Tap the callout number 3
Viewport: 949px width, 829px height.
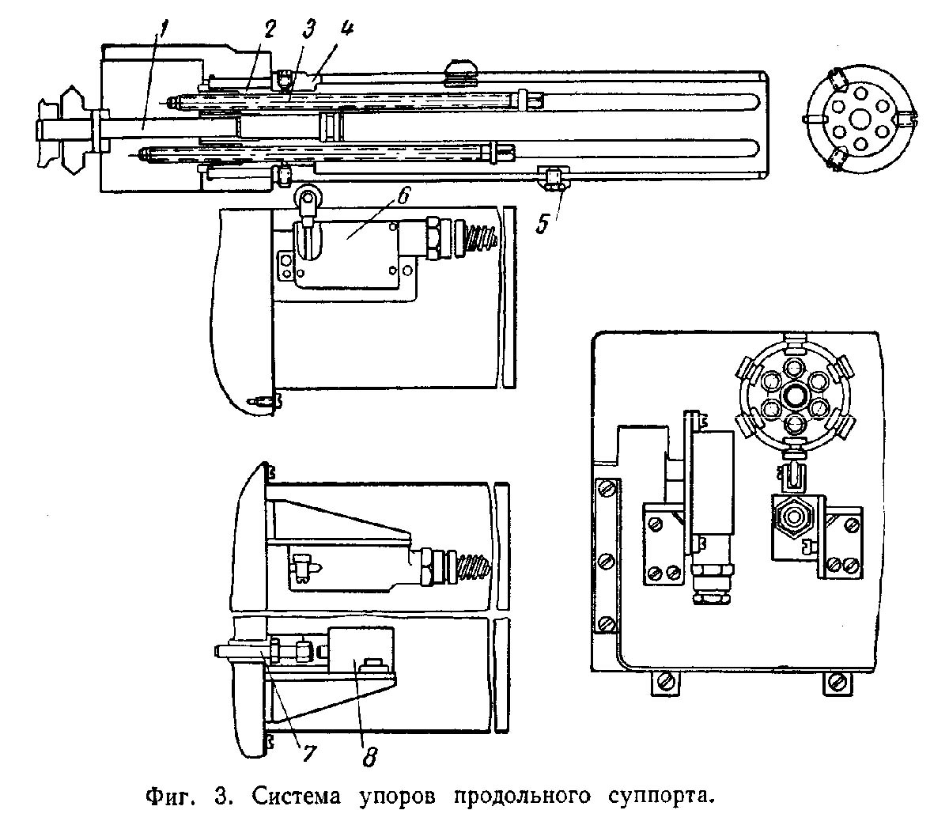pyautogui.click(x=308, y=29)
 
